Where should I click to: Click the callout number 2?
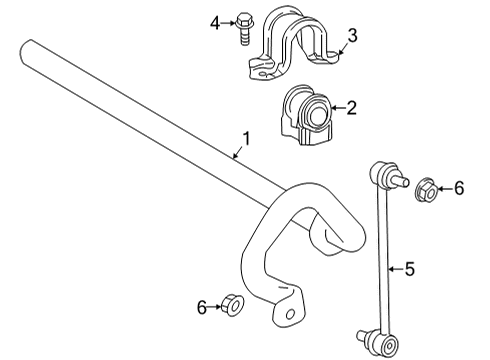351,108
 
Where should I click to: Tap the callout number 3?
351,38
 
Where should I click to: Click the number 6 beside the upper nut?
459,187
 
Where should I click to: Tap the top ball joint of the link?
385,178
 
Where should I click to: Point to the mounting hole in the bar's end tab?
291,315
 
